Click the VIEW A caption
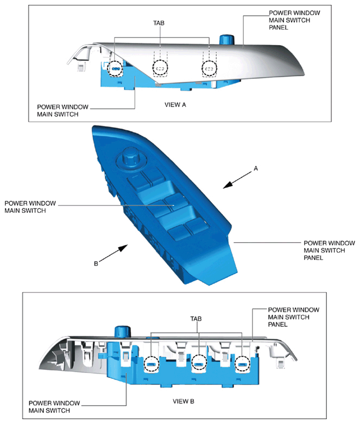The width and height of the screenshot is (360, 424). [175, 104]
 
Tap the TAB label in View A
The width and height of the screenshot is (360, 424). [160, 24]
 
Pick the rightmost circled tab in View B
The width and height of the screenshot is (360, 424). [242, 364]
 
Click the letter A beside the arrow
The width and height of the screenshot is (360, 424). [255, 169]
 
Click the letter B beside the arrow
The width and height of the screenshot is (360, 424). [96, 264]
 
